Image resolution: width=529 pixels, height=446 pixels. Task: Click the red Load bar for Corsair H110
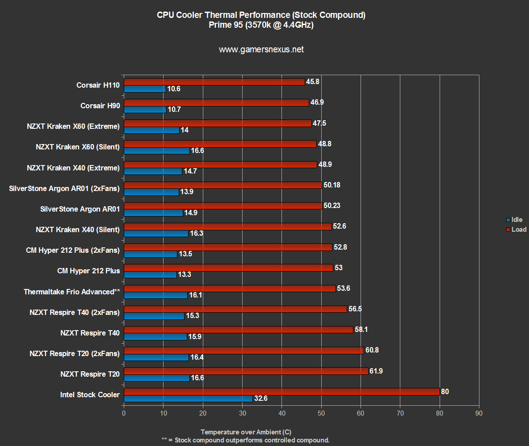pyautogui.click(x=214, y=82)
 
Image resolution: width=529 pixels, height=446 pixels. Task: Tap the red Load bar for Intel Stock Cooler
pyautogui.click(x=281, y=391)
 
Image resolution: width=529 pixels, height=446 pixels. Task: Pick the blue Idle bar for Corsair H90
pyautogui.click(x=145, y=109)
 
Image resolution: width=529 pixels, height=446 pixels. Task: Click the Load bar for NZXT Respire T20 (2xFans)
pyautogui.click(x=244, y=350)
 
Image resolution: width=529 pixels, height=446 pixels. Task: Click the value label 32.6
pyautogui.click(x=260, y=398)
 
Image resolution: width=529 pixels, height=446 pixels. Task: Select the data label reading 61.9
pyautogui.click(x=378, y=371)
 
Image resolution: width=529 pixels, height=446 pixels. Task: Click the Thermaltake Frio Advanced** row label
pyautogui.click(x=72, y=292)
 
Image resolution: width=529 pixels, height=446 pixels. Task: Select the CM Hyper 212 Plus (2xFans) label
pyautogui.click(x=73, y=250)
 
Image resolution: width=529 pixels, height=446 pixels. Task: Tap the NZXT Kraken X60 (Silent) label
pyautogui.click(x=78, y=147)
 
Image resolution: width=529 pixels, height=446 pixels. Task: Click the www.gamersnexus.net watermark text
pyautogui.click(x=261, y=50)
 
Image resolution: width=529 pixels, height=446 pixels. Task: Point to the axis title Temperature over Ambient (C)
pyautogui.click(x=246, y=432)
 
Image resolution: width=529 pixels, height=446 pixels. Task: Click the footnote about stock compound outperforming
pyautogui.click(x=245, y=440)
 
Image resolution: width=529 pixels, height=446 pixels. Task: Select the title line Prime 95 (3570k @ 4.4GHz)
pyautogui.click(x=261, y=25)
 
